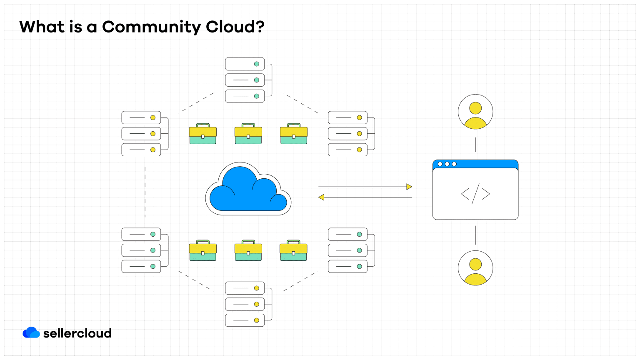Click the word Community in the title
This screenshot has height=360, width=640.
point(151,27)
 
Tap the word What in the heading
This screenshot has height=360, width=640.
point(42,27)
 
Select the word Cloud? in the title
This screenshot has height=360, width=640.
point(235,27)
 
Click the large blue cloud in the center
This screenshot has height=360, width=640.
point(248,190)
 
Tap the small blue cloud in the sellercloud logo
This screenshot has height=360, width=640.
point(31,332)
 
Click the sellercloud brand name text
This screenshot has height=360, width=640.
point(77,333)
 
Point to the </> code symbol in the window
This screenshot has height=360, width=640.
point(475,194)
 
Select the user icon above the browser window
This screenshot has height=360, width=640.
point(475,112)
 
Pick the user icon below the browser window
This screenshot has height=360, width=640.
point(475,268)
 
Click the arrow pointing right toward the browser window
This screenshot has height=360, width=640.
point(365,187)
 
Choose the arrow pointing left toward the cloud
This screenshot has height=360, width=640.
point(365,197)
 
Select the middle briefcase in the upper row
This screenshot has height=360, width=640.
point(248,134)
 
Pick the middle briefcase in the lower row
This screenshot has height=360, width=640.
point(248,250)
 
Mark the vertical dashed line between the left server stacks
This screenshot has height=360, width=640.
point(145,192)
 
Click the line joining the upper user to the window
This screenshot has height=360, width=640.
point(475,145)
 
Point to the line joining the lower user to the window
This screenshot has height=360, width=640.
point(475,235)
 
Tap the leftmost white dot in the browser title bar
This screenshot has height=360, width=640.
point(440,164)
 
